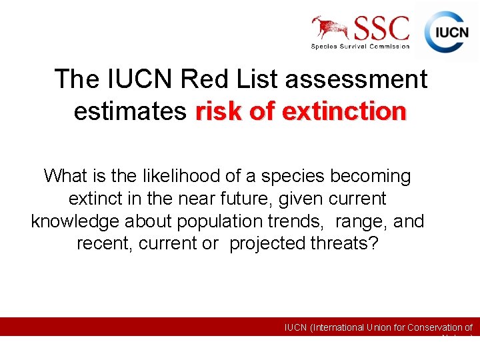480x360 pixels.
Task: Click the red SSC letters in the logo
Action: pos(381,28)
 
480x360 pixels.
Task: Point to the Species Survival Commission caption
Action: pos(360,46)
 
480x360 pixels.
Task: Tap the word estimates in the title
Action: pos(130,111)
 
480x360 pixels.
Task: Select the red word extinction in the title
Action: pos(344,111)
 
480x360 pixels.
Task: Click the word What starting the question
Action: pos(65,176)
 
